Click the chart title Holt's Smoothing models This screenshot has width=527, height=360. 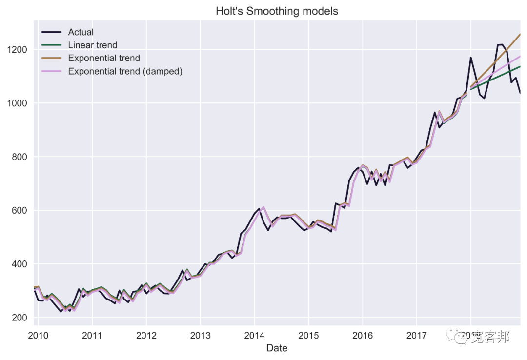[277, 11]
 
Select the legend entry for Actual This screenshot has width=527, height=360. [81, 32]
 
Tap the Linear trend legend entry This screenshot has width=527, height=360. [92, 45]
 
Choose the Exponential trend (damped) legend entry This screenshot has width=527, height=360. [125, 71]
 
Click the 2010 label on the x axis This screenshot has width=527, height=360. [38, 335]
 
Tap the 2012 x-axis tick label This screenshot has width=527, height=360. [146, 335]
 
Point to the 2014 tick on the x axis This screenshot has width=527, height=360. [254, 335]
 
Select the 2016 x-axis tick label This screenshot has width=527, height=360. [363, 335]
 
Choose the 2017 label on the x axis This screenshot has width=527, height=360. [416, 335]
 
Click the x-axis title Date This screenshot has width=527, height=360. [277, 348]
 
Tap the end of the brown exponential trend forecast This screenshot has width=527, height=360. [520, 34]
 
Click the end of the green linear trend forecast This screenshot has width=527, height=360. [520, 66]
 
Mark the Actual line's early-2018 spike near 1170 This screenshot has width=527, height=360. [471, 58]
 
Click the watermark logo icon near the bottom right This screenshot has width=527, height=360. [459, 336]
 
